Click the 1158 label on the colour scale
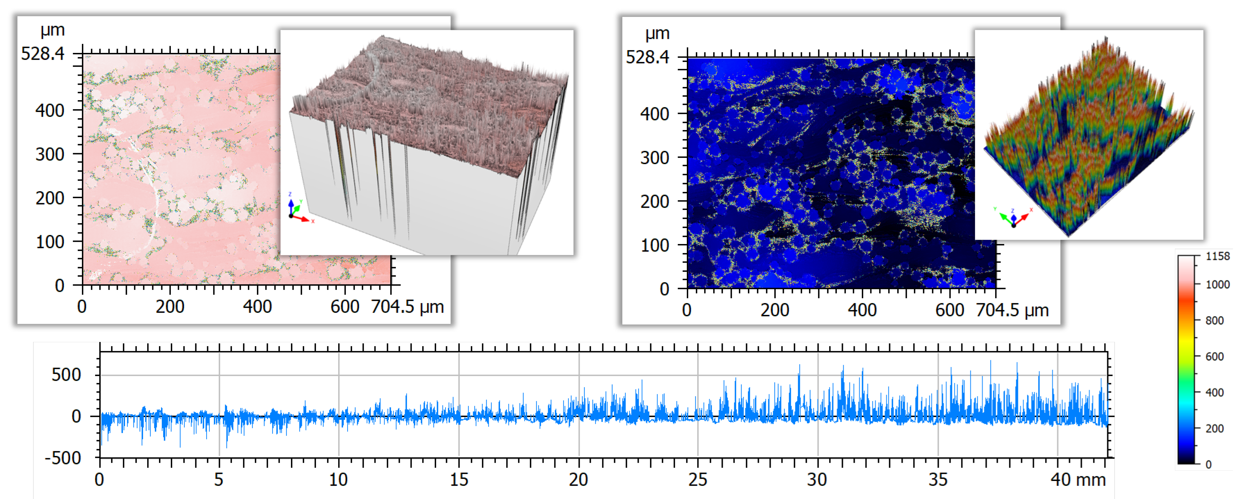[x=1217, y=256]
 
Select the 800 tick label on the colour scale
[x=1214, y=320]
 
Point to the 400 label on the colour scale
[x=1214, y=393]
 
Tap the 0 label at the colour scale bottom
[x=1208, y=465]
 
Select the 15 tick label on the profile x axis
[x=459, y=480]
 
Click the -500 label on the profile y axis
[x=63, y=458]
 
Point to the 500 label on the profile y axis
[x=66, y=375]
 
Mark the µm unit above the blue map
[x=657, y=34]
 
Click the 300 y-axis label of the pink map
[x=50, y=155]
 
